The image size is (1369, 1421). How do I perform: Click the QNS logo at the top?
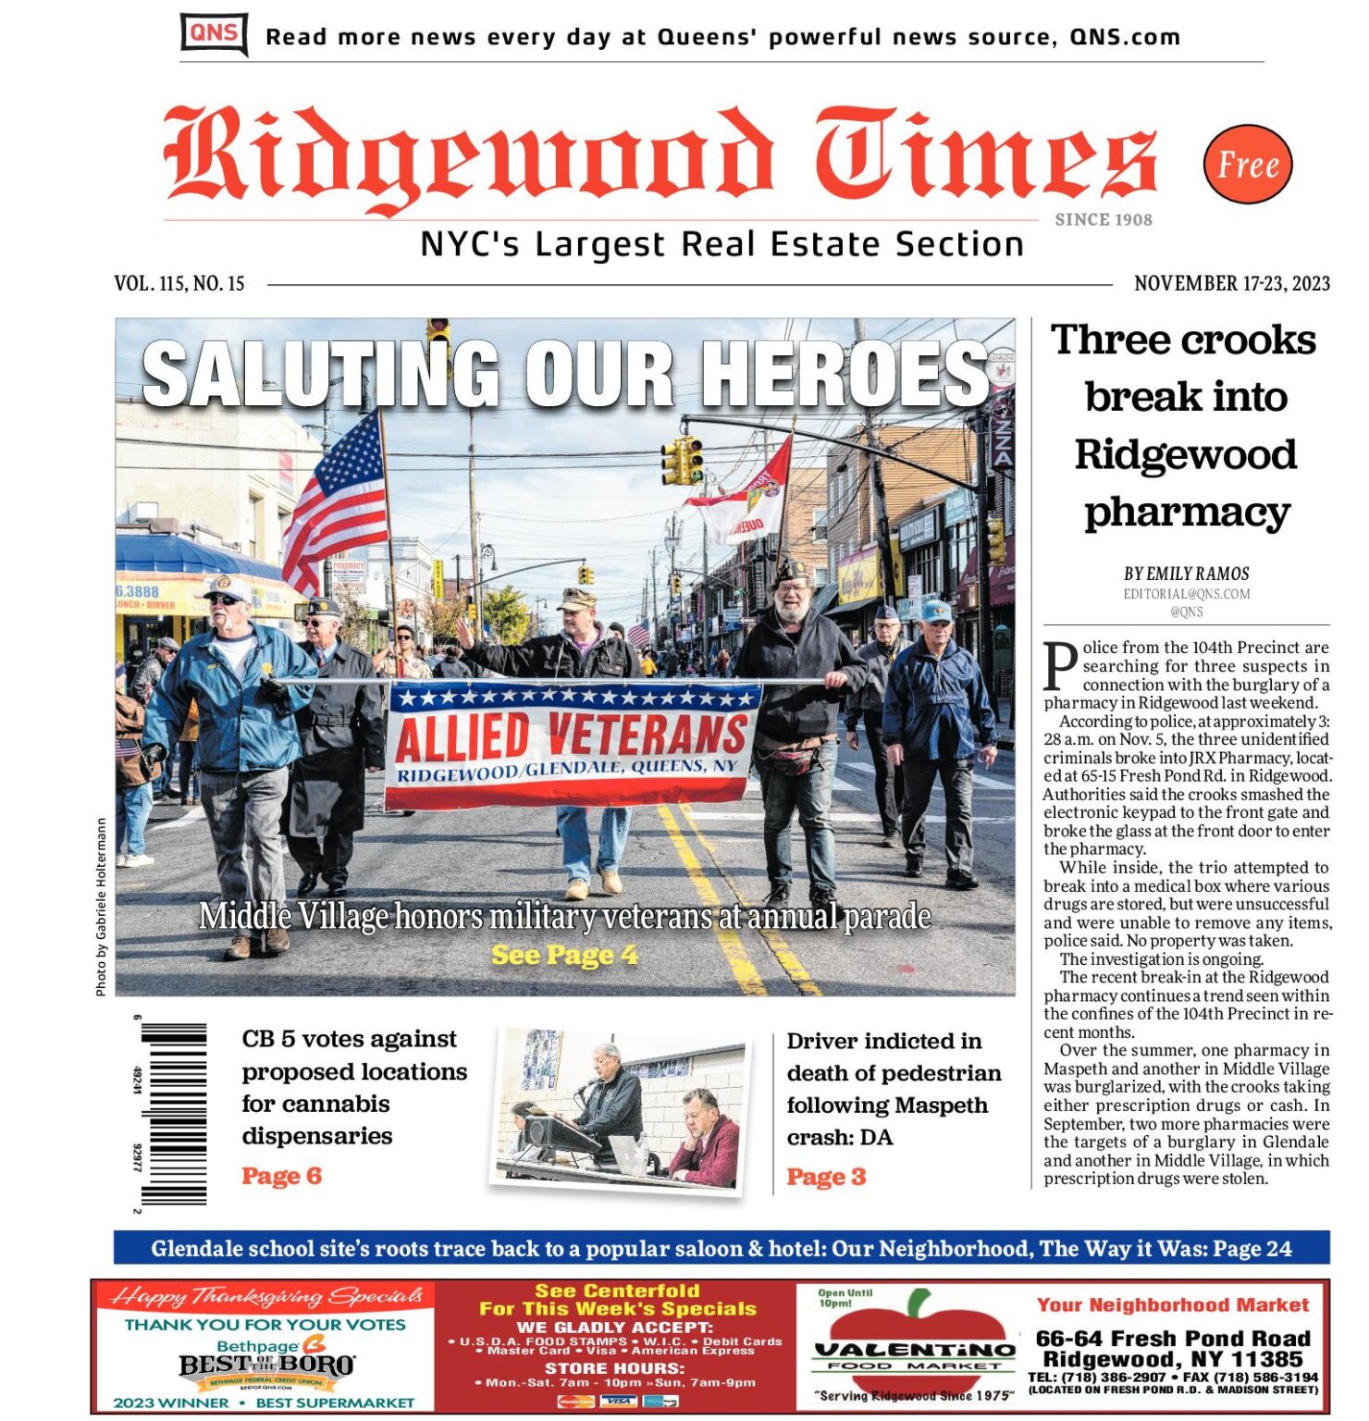(214, 34)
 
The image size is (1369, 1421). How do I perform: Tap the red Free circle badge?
(1248, 165)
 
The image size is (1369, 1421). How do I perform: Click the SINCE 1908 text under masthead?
(1104, 220)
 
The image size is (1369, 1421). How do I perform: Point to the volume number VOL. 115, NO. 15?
(179, 283)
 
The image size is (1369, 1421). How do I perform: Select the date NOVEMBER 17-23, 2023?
(1232, 283)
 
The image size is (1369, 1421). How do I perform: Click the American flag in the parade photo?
(339, 504)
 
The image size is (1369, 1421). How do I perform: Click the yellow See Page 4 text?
(564, 955)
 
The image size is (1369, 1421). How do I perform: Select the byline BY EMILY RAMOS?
(1187, 574)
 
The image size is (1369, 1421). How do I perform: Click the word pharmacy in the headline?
(1187, 512)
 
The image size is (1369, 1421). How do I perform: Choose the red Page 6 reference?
(281, 1176)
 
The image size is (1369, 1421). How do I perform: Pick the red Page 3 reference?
(826, 1177)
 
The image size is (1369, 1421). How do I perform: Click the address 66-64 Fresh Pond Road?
(1173, 1338)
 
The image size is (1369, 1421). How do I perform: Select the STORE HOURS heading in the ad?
(614, 1367)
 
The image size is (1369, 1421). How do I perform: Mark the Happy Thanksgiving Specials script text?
(265, 1297)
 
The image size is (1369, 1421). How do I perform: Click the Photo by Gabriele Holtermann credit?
(101, 907)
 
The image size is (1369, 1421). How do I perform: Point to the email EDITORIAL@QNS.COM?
(1187, 594)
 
